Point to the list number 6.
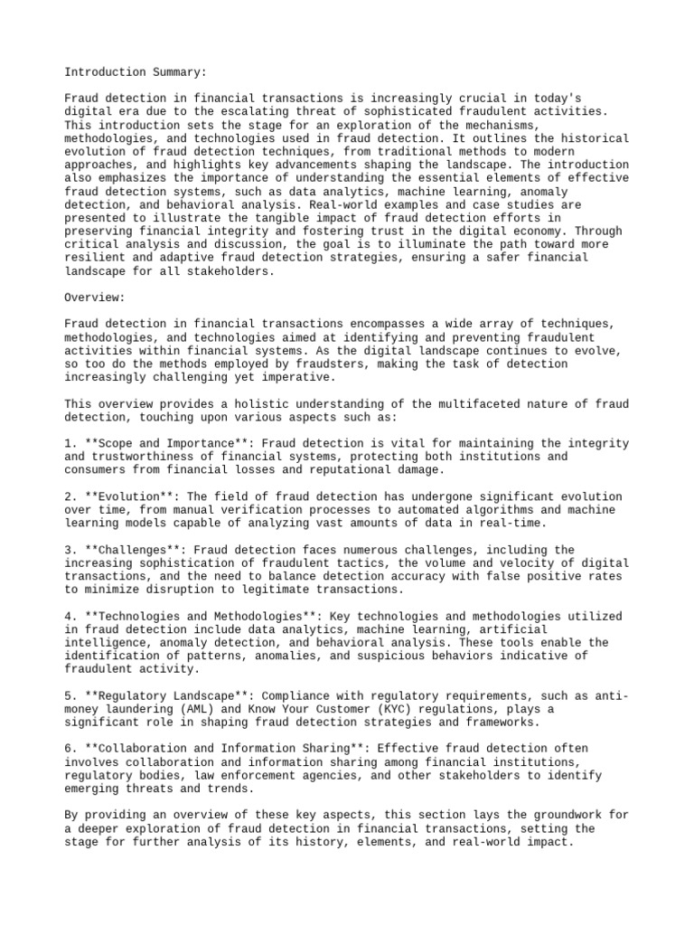coord(69,748)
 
